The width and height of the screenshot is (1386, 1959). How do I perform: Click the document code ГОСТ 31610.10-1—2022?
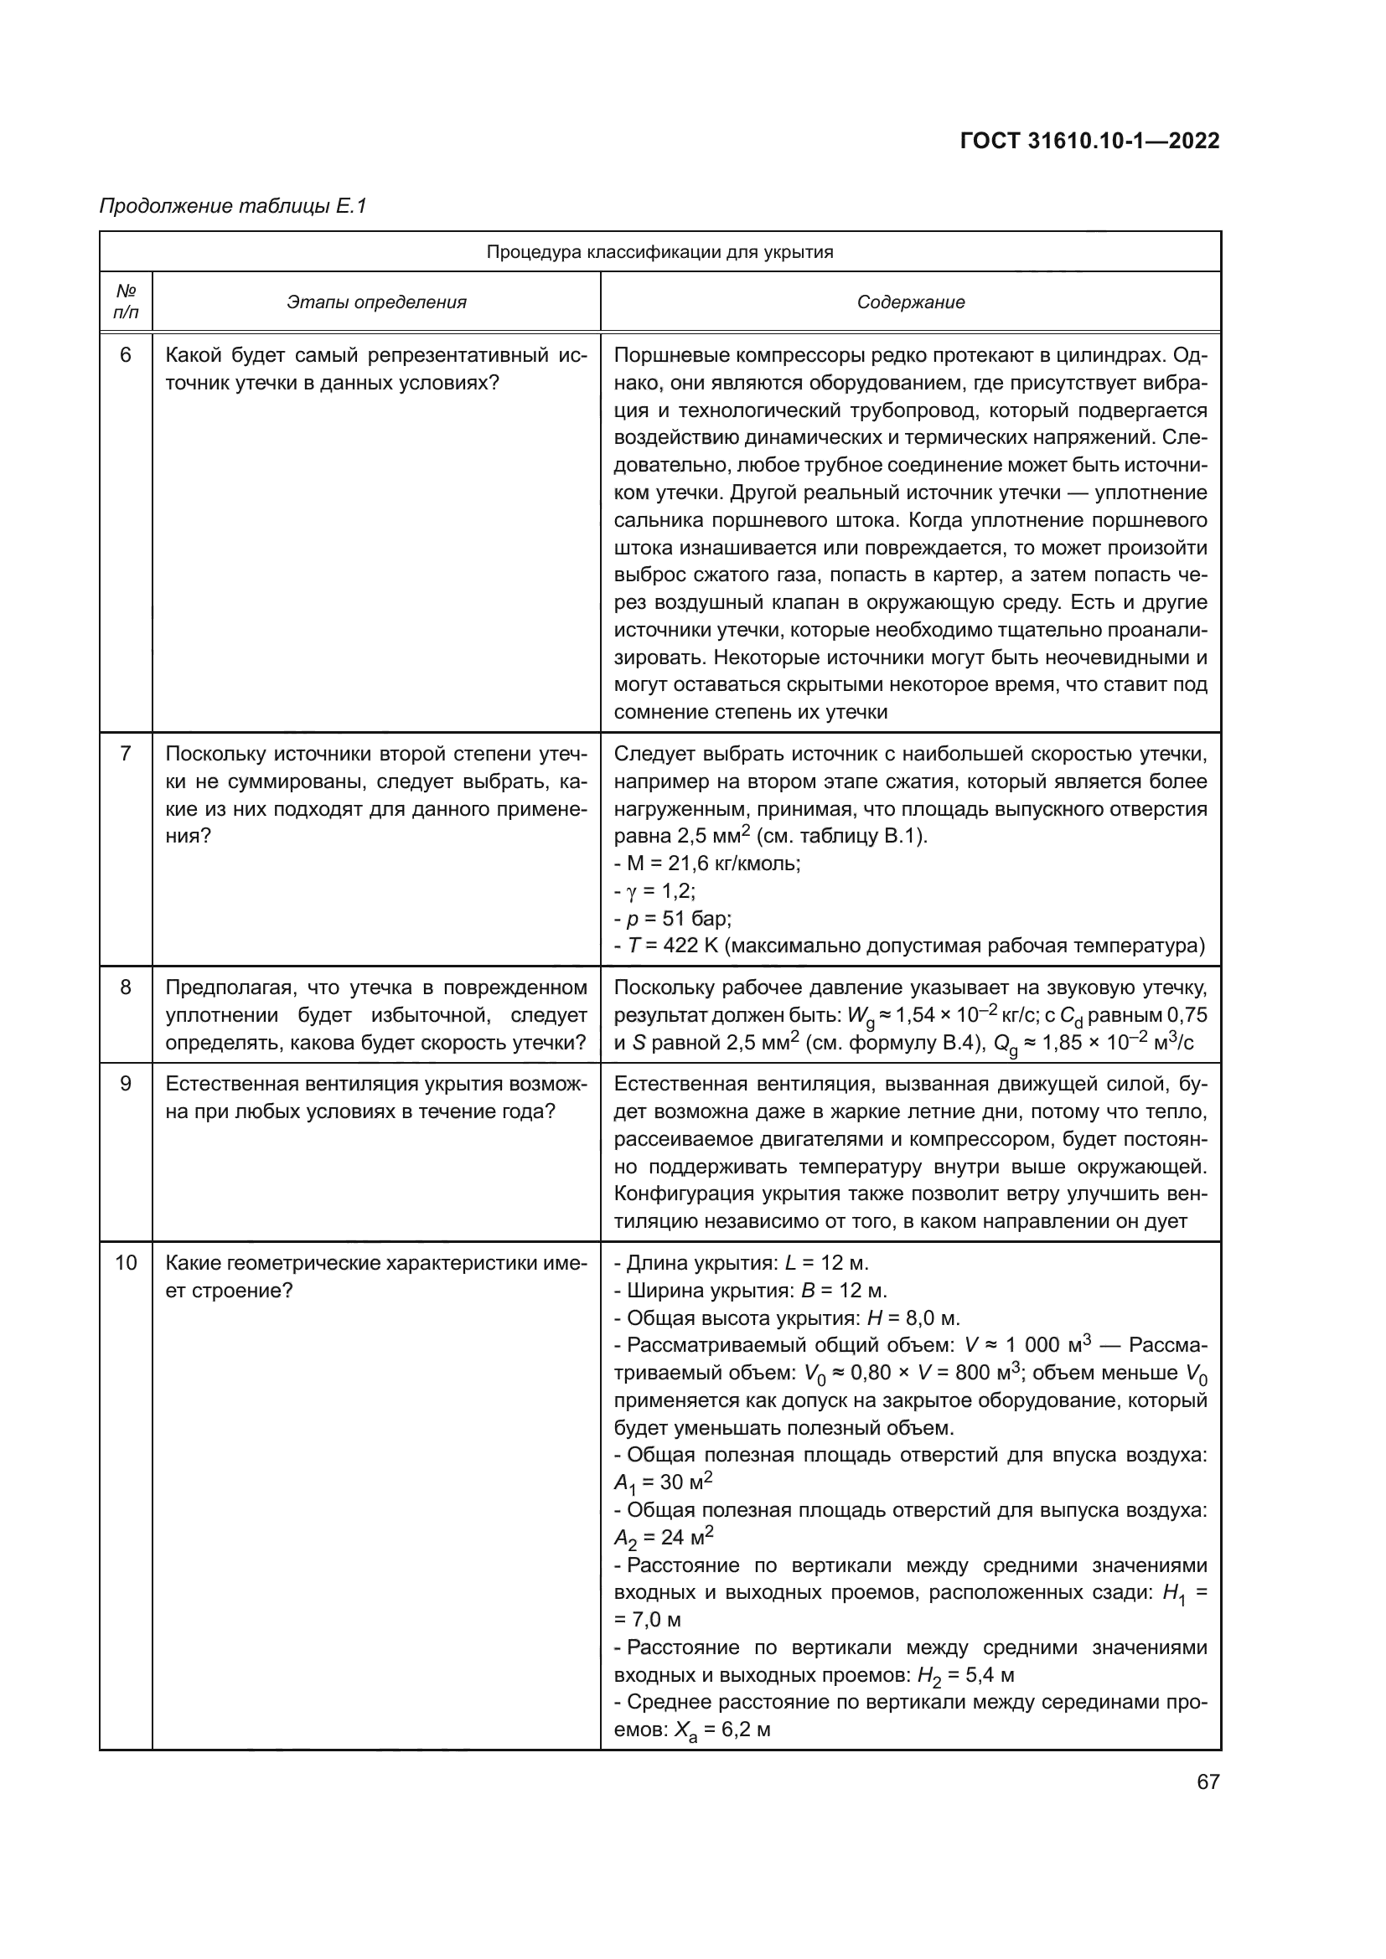tap(1090, 141)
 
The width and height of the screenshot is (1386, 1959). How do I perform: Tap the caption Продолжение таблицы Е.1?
tap(233, 206)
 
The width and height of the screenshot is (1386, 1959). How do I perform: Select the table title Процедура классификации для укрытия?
tap(659, 252)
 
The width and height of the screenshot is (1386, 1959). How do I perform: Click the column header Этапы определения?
tap(376, 302)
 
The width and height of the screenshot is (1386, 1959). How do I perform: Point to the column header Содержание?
tap(911, 302)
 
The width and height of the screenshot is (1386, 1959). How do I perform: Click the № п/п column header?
tap(126, 302)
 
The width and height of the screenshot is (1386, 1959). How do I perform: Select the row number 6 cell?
tap(126, 355)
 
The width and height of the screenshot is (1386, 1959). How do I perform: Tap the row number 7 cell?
tap(126, 754)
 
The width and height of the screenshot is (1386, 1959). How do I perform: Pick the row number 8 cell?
tap(126, 987)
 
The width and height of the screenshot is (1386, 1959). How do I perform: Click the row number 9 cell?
tap(126, 1084)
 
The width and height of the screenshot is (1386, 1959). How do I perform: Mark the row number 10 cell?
tap(126, 1263)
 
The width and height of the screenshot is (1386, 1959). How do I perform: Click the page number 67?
tap(1208, 1781)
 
